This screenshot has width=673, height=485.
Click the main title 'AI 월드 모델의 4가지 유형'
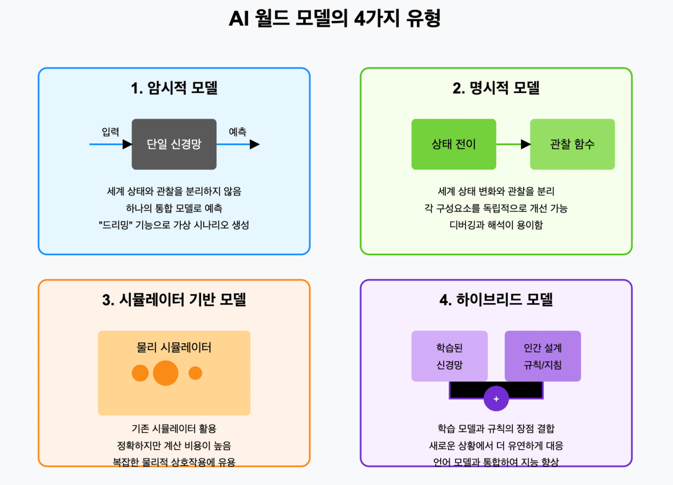(335, 19)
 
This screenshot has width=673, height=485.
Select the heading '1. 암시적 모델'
(174, 88)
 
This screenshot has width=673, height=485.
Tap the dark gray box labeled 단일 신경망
(174, 144)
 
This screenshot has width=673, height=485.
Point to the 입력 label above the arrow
(110, 132)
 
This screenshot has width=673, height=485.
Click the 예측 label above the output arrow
(238, 132)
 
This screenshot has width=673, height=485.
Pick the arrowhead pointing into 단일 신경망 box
(127, 144)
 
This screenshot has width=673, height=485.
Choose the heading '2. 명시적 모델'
(496, 88)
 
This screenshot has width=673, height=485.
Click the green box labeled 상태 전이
(454, 144)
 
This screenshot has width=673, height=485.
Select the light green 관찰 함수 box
(572, 144)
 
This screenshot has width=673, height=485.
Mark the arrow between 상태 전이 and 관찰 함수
(514, 144)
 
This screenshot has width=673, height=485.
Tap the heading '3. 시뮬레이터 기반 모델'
(174, 300)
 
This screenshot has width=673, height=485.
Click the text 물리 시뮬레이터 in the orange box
(174, 347)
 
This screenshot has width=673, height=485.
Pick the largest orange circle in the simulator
(166, 373)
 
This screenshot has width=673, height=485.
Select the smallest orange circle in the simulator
(195, 373)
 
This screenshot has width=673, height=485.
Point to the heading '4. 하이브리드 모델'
(496, 300)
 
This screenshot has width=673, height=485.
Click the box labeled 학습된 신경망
(450, 356)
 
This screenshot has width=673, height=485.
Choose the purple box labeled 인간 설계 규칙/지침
(542, 356)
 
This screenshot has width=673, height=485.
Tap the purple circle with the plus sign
(496, 399)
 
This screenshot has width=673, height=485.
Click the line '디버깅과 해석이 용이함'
(496, 225)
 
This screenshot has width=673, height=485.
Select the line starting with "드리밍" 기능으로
(174, 225)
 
